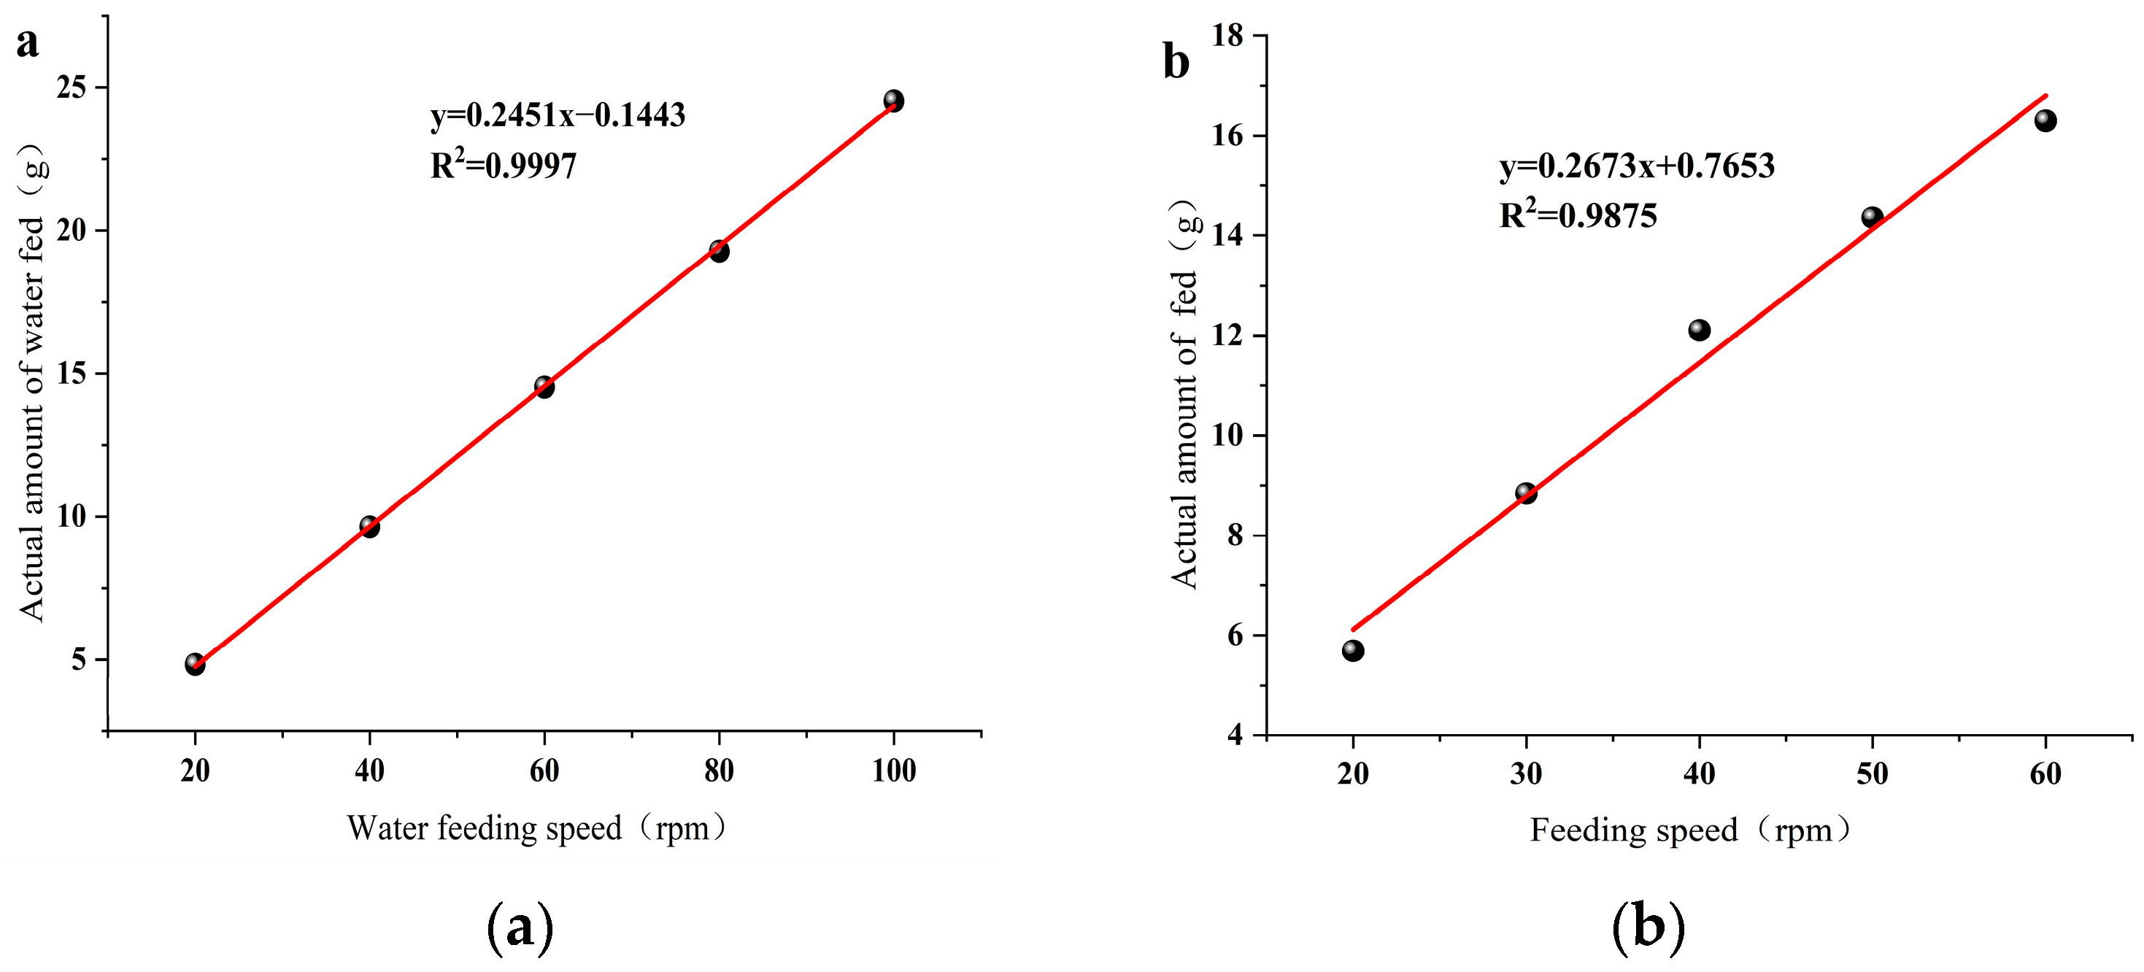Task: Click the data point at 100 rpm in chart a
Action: tap(893, 101)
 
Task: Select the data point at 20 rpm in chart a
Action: tap(195, 664)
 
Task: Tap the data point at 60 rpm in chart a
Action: tap(544, 387)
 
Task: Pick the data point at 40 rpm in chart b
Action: tap(1699, 331)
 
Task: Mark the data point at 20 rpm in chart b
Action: tap(1352, 651)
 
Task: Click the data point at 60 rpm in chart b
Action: tap(2045, 120)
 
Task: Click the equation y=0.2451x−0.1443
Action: tap(558, 115)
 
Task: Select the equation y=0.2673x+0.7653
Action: tap(1637, 166)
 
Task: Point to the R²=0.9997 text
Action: tap(503, 165)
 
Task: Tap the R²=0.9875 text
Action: tap(1578, 215)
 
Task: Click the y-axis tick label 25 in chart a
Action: tap(72, 87)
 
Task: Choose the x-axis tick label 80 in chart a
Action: tap(718, 771)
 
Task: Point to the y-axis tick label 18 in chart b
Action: tap(1228, 36)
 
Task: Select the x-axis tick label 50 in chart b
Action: tap(1872, 774)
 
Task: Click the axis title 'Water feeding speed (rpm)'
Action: tap(537, 829)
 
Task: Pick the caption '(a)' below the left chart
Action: tap(520, 927)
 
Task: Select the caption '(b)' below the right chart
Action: tap(1648, 927)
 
